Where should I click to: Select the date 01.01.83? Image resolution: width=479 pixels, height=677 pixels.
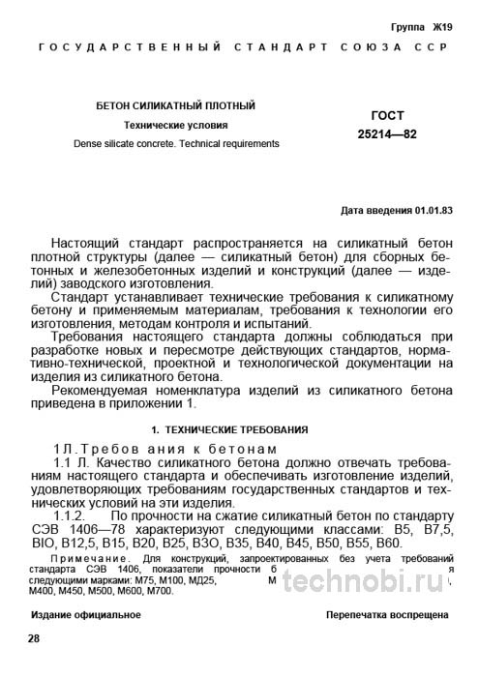pyautogui.click(x=430, y=209)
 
